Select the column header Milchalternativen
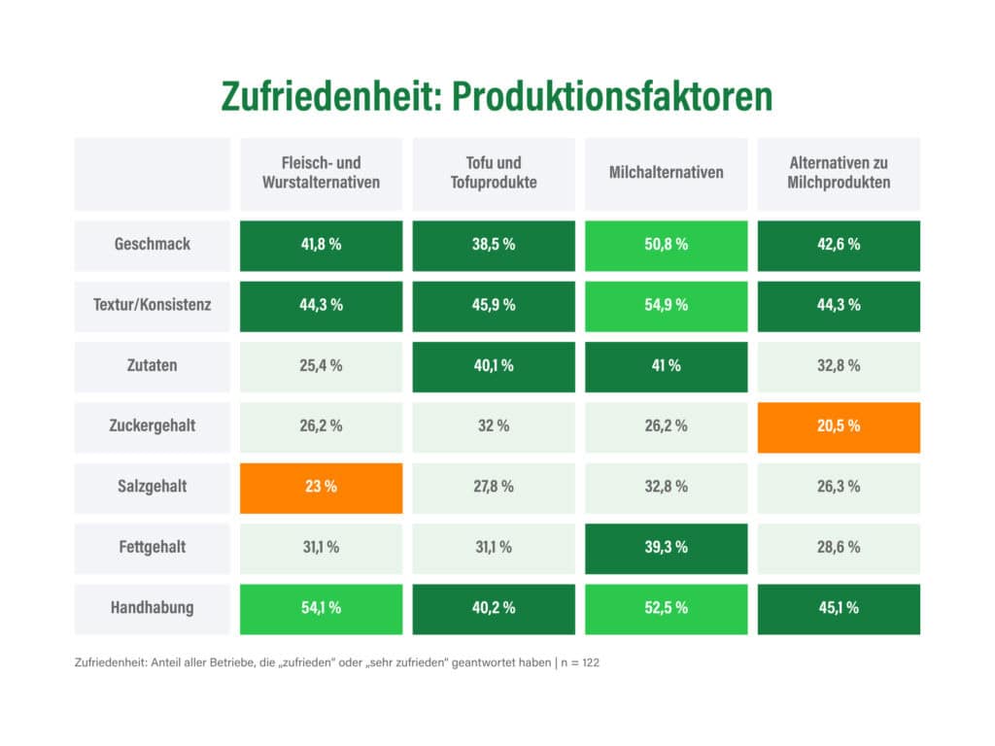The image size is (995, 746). point(666,173)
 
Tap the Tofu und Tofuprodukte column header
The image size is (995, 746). point(494,173)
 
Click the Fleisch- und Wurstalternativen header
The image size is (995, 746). point(321,173)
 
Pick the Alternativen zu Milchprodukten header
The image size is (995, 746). point(839,173)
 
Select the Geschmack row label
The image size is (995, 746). point(152,245)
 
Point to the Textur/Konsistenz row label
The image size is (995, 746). point(152,305)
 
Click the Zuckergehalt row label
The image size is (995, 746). point(152,426)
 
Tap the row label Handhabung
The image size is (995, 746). point(152,608)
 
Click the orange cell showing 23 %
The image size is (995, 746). point(321,487)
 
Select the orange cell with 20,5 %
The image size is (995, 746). point(839,426)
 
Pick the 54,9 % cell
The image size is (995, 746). point(666,305)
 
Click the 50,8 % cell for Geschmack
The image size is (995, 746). point(666,245)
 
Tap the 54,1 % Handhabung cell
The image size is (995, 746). point(321,608)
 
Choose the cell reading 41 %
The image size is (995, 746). point(666,366)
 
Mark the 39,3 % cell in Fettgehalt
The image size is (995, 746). point(666,548)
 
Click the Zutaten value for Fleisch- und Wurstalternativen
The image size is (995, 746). point(321,366)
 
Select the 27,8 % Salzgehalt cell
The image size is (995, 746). point(494,487)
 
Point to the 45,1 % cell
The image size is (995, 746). point(839,608)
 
